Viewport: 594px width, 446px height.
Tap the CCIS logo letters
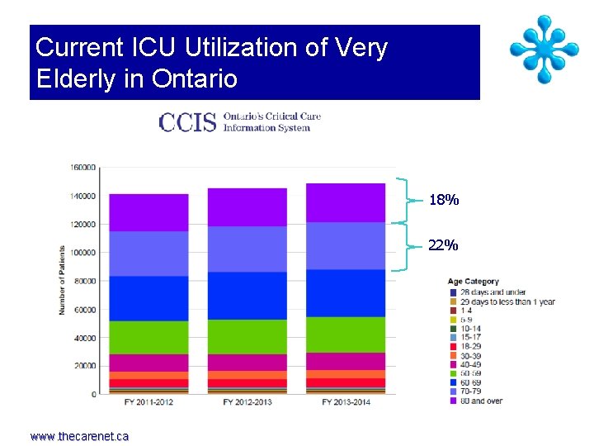(187, 122)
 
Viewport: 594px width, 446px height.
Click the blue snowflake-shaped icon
(544, 50)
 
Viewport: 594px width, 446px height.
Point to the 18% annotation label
(444, 201)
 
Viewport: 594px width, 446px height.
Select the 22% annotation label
(444, 245)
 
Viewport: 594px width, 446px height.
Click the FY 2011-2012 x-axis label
(148, 402)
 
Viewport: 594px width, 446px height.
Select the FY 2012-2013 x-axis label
(247, 402)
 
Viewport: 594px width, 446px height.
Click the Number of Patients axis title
(63, 280)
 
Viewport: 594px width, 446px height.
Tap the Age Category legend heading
(473, 282)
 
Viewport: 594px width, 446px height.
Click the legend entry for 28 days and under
(492, 292)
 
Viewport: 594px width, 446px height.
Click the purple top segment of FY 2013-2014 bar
(346, 202)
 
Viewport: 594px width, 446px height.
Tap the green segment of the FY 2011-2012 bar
(148, 337)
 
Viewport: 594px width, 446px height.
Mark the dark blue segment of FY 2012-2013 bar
(247, 295)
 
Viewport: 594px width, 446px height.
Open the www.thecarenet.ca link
(79, 436)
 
